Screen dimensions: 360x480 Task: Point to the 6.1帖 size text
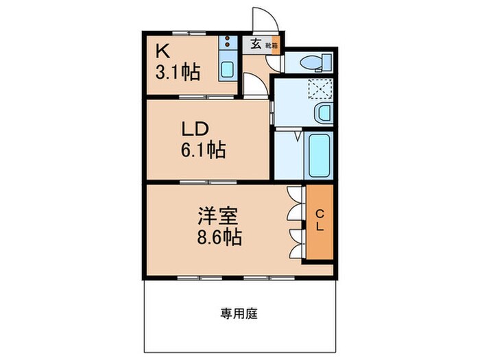click(x=204, y=149)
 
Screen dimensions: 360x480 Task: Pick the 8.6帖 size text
click(x=218, y=239)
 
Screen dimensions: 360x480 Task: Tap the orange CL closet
click(x=320, y=221)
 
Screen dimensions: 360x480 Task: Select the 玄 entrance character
click(x=255, y=45)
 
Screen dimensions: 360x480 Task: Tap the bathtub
click(x=320, y=156)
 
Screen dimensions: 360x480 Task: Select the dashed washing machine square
click(x=319, y=88)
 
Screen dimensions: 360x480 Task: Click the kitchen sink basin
click(x=227, y=69)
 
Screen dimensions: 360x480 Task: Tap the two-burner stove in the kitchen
click(x=227, y=45)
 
